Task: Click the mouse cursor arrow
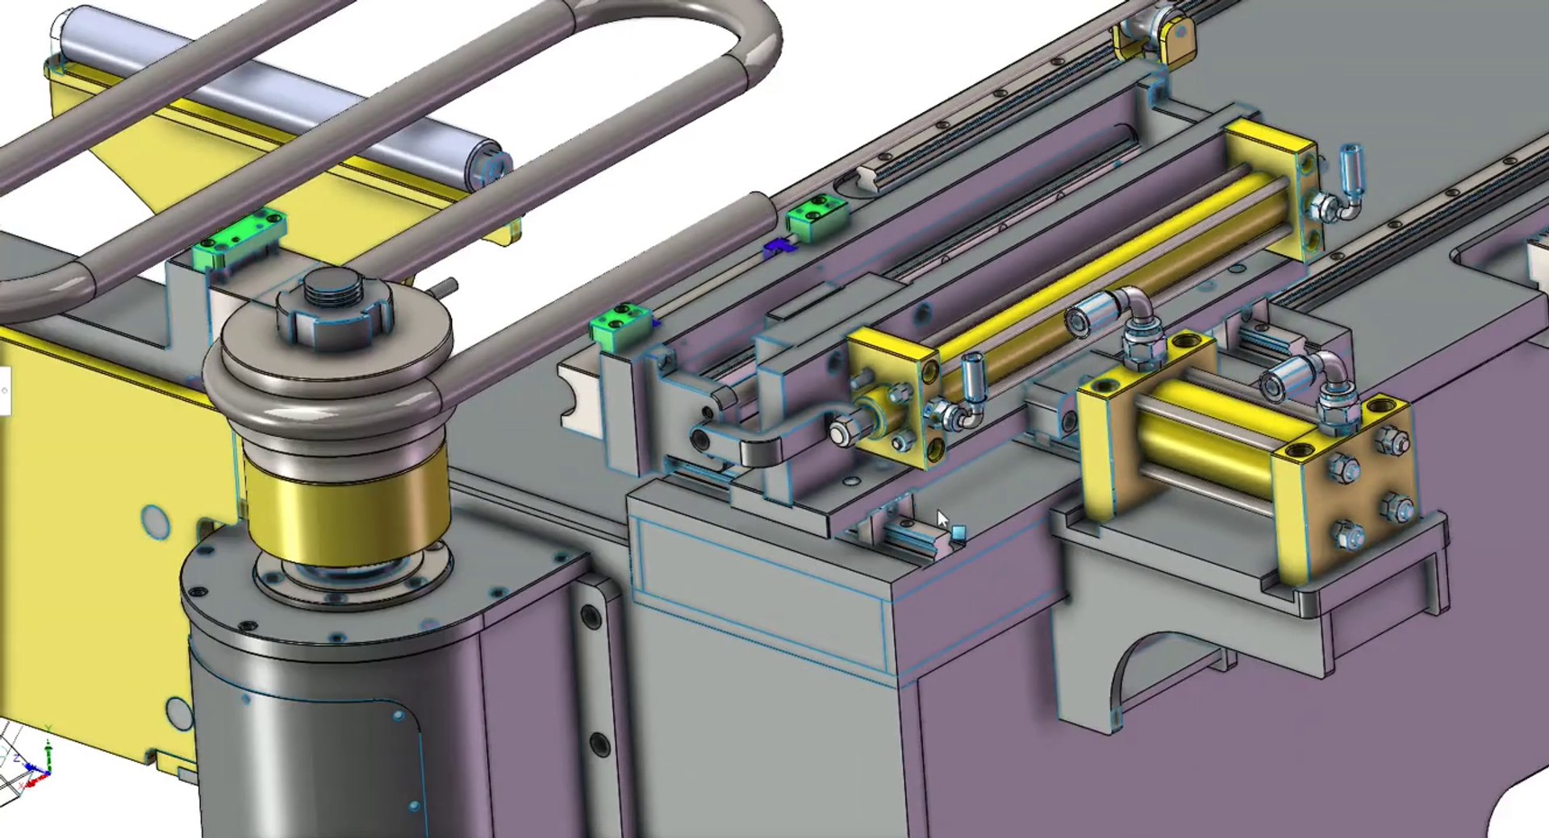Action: coord(942,519)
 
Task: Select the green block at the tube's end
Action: coord(817,218)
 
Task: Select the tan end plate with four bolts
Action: coord(1363,492)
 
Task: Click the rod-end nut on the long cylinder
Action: coord(843,432)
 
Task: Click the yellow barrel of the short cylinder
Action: coord(1210,436)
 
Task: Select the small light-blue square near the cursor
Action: coord(958,532)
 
